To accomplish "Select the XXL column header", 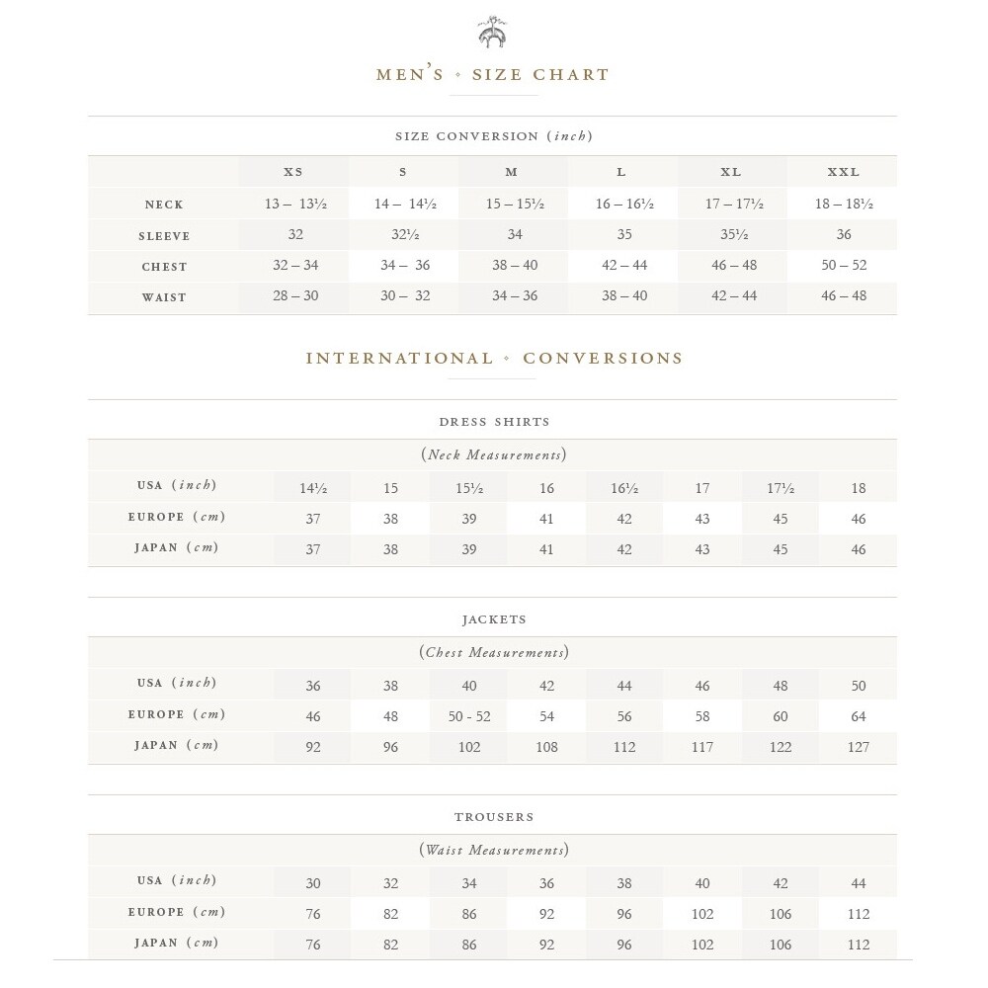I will coord(843,172).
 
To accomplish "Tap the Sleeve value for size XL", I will coord(731,235).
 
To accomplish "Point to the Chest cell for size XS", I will coord(293,266).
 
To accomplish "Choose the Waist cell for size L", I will coord(622,296).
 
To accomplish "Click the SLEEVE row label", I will coord(164,236).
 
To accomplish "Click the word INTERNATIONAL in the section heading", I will coord(399,359).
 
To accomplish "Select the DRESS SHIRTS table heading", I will coord(494,422).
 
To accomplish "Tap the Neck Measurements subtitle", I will coord(494,454).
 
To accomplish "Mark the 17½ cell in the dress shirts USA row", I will coord(781,488).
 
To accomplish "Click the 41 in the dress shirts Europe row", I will coord(546,519).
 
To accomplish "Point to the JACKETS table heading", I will coord(494,619).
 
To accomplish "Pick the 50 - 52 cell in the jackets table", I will coord(469,716).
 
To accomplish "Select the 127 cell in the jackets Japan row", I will coord(858,747).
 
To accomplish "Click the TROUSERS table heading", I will coord(494,817).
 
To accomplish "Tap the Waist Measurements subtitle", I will coord(494,850).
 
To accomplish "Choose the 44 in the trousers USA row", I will coord(858,883).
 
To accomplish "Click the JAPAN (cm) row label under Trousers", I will coord(176,944).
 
